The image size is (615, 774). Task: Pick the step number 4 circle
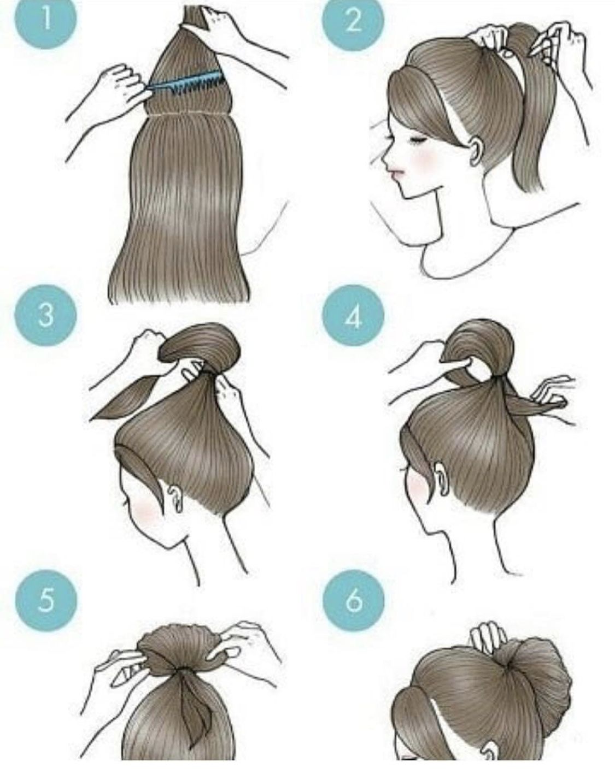coord(353,315)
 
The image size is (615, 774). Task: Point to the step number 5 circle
coord(45,600)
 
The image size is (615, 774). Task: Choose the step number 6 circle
coord(353,600)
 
